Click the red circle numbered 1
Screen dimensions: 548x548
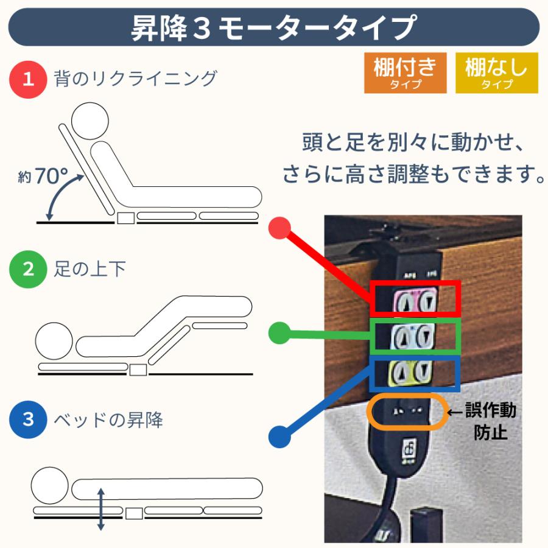coord(29,79)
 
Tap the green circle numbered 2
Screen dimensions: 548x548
coord(29,269)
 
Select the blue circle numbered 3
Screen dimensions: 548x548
coord(29,420)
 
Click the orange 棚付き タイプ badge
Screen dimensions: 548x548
coord(405,73)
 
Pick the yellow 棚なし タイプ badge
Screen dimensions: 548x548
coord(497,73)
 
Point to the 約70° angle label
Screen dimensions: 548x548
coord(43,177)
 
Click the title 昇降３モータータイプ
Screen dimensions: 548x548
coord(273,28)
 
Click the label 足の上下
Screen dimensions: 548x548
coord(90,269)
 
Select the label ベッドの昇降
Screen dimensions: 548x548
coord(108,420)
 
